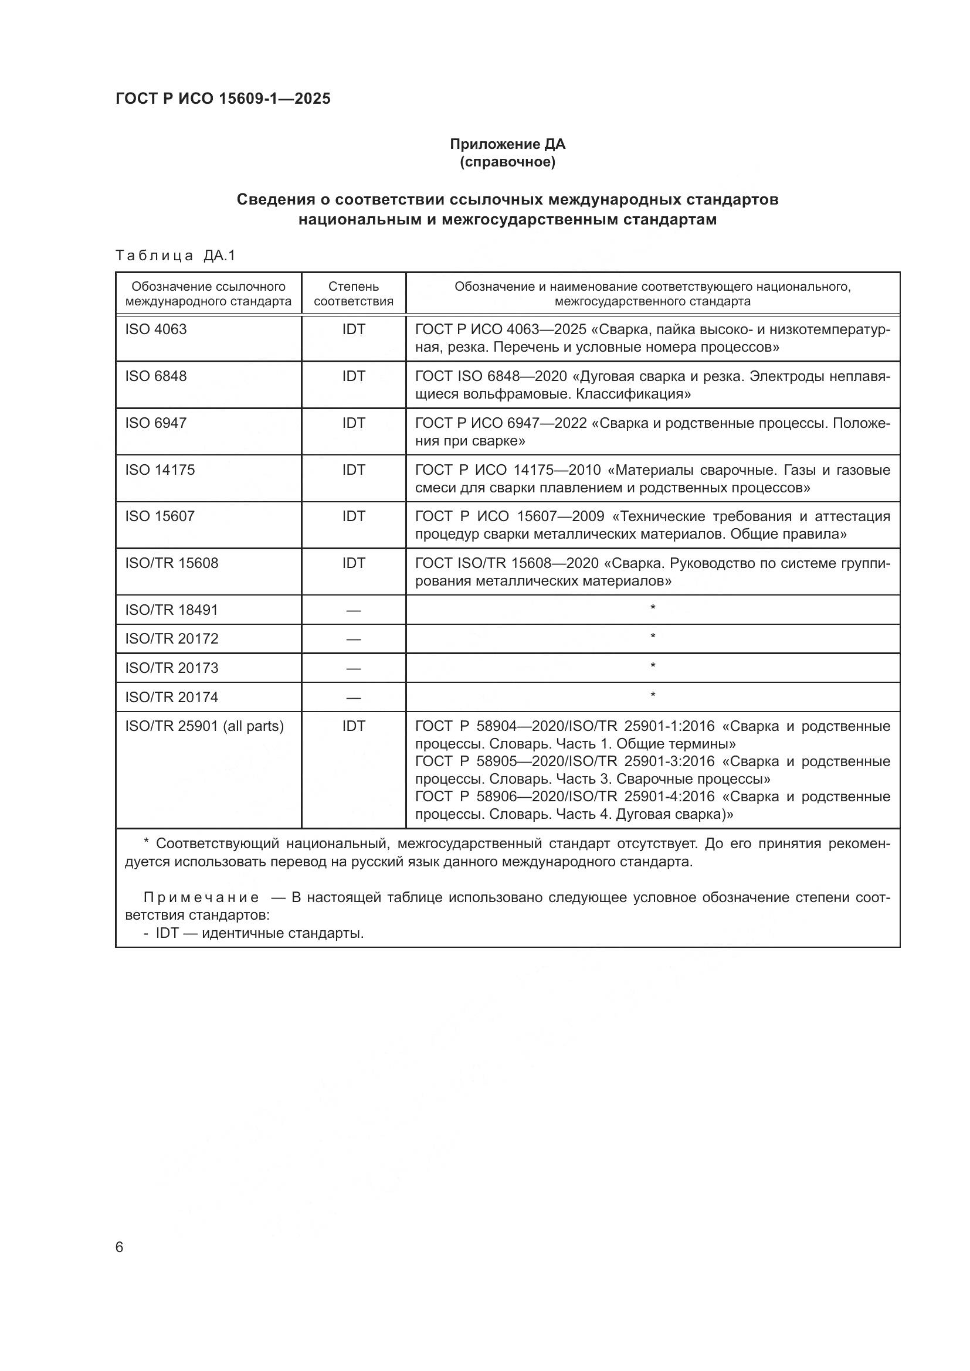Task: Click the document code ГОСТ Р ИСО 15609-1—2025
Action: click(x=223, y=99)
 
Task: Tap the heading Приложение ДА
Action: click(x=507, y=144)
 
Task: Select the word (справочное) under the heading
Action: click(x=507, y=162)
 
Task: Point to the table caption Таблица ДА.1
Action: click(x=175, y=256)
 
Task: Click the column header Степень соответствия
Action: click(x=353, y=294)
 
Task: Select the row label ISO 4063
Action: click(x=156, y=329)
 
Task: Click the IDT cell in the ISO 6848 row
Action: click(x=353, y=376)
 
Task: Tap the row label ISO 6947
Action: click(x=156, y=423)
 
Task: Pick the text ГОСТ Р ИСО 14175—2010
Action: click(x=508, y=470)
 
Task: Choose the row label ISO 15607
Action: click(x=160, y=516)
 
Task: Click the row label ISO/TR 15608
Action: click(x=171, y=563)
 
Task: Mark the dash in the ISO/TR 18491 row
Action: click(x=353, y=611)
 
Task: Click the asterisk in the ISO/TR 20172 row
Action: click(x=652, y=637)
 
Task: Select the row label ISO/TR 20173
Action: click(x=171, y=668)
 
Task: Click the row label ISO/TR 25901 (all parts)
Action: click(x=204, y=727)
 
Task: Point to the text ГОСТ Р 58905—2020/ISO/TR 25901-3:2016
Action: click(x=564, y=761)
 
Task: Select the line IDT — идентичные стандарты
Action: click(x=259, y=933)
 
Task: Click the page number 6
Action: click(x=120, y=1247)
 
